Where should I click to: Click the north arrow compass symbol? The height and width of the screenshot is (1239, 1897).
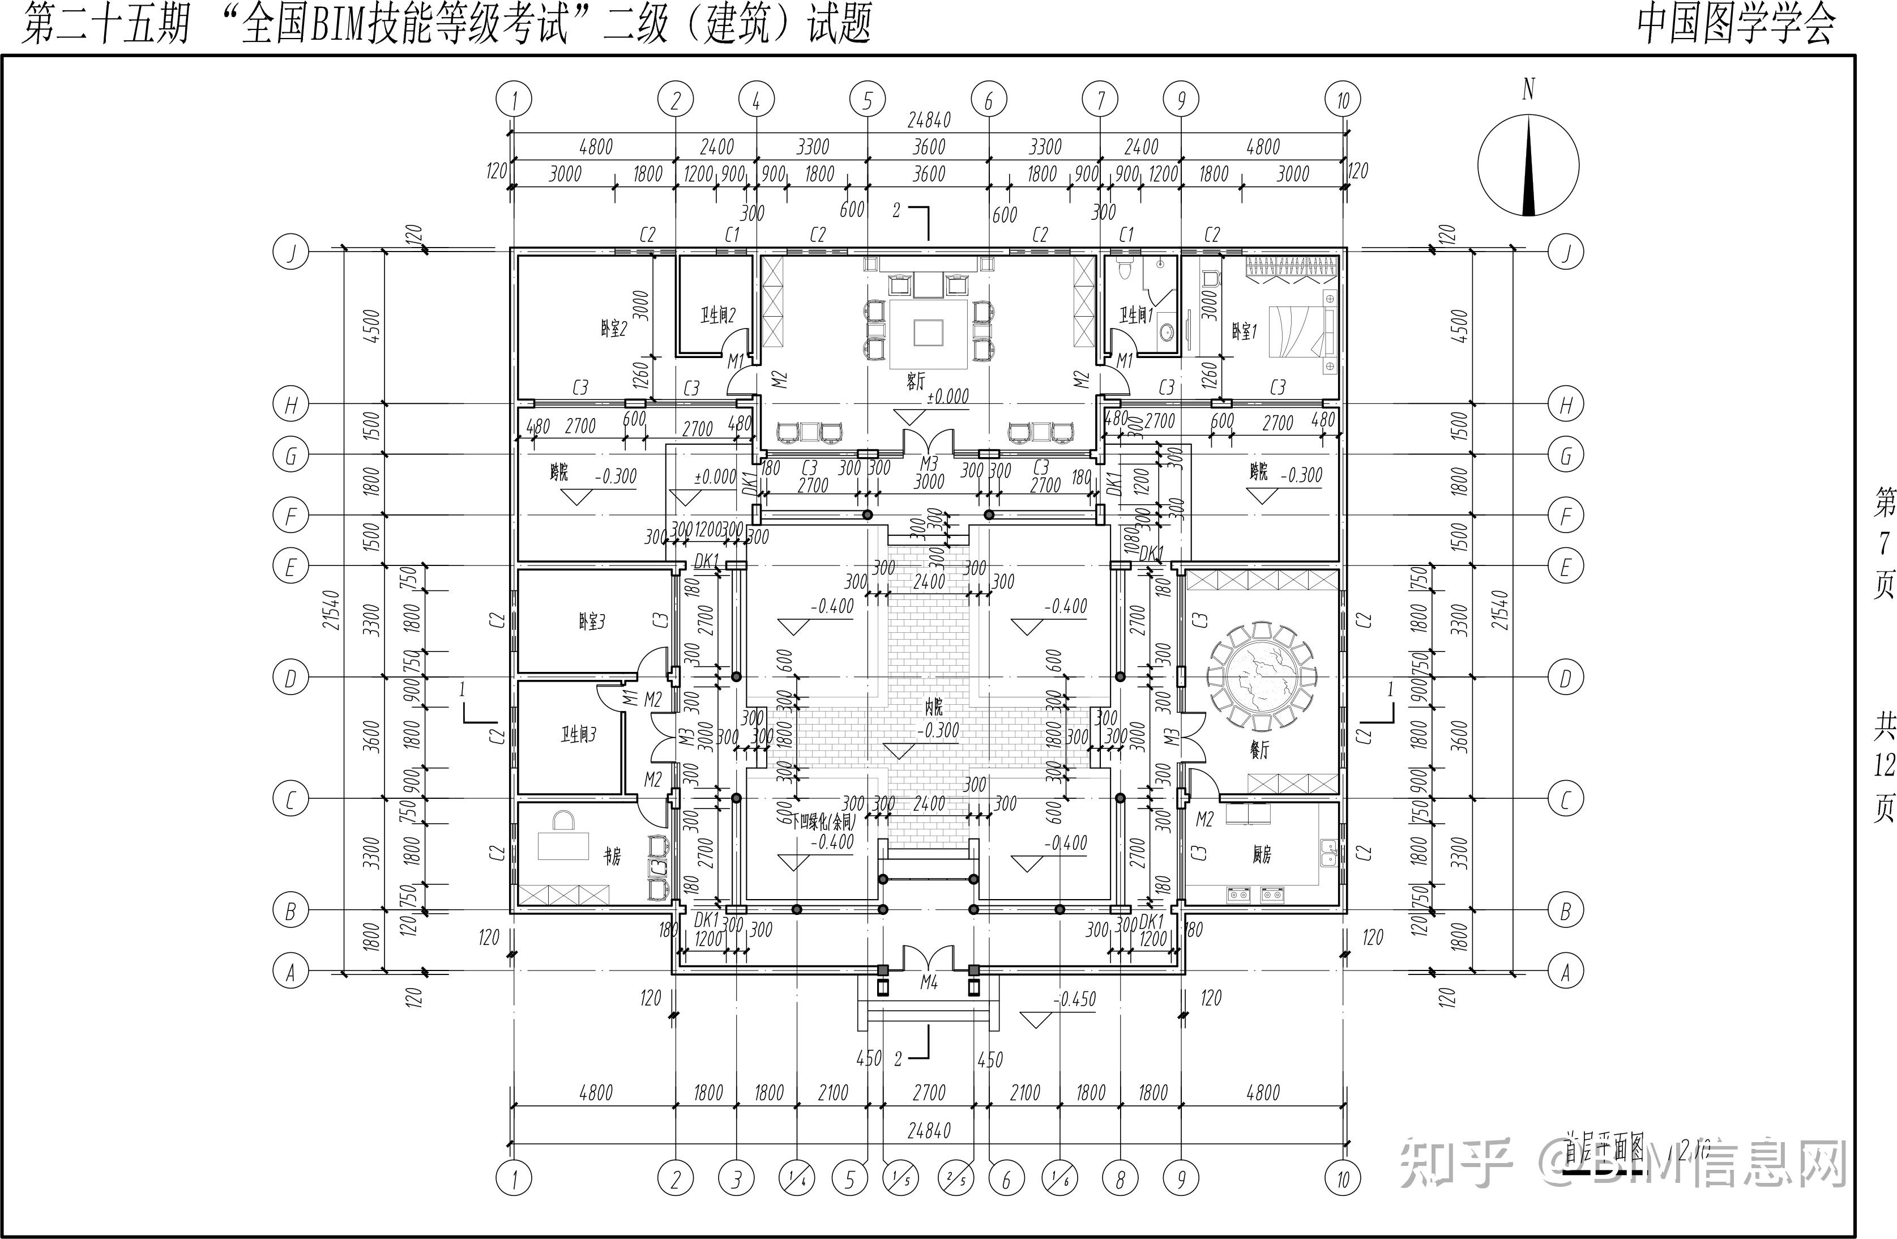click(1528, 165)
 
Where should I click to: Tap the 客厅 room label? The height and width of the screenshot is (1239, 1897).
click(916, 381)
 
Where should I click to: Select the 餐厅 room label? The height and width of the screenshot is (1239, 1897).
click(1259, 750)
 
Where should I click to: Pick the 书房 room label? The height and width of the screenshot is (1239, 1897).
click(612, 856)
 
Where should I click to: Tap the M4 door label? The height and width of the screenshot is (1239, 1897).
click(929, 983)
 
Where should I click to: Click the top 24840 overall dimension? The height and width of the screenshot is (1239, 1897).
click(929, 121)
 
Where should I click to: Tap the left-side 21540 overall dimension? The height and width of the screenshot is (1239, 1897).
click(332, 610)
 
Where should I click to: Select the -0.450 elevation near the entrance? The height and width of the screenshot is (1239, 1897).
click(1075, 999)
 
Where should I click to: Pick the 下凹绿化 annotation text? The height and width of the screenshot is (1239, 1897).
click(823, 821)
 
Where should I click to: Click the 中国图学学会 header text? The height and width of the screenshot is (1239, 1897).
click(1736, 24)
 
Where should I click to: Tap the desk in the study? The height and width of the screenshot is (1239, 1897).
click(563, 845)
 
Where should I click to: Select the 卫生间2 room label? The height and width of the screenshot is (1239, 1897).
click(717, 316)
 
